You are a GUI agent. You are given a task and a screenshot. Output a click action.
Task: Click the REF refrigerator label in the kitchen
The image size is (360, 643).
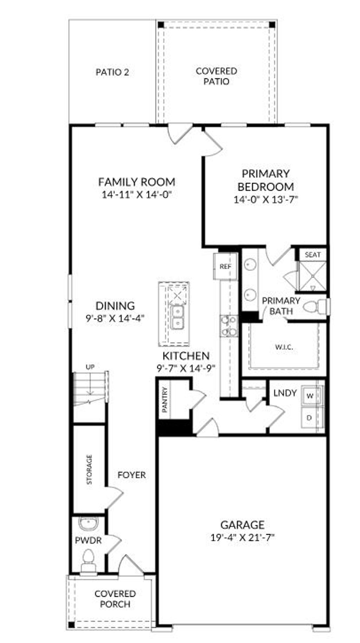tap(225, 267)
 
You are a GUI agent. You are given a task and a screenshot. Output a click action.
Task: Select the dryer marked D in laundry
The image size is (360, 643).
tap(309, 418)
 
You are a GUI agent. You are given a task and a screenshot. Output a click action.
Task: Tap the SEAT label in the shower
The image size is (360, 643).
tap(313, 255)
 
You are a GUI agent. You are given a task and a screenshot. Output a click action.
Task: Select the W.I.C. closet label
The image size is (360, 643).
tap(284, 347)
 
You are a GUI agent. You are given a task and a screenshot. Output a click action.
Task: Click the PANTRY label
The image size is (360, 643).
tap(165, 400)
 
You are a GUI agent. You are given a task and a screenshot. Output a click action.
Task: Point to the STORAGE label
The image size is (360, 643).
tap(89, 469)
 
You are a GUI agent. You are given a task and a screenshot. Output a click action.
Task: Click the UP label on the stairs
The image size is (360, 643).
tap(90, 367)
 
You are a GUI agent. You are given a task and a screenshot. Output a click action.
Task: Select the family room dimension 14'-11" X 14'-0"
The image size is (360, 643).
tap(136, 194)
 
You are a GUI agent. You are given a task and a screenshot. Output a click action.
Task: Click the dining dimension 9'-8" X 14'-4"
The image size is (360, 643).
tap(115, 319)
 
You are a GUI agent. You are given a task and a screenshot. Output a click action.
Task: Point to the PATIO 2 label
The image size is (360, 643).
tap(112, 72)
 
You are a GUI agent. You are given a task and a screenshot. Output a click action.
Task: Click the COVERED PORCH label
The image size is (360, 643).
tap(115, 599)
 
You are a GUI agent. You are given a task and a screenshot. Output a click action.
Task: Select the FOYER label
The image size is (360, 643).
tap(131, 475)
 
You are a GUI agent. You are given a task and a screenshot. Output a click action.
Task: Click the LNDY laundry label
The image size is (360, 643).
tap(285, 393)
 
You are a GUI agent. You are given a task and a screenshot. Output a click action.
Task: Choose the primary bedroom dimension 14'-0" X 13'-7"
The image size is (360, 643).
tap(266, 200)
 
